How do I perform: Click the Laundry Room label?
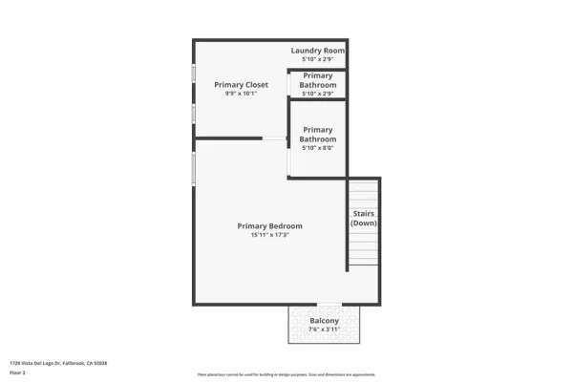(x=317, y=50)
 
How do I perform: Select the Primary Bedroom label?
(x=269, y=225)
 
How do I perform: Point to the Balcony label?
(x=324, y=320)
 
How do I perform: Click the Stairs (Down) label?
(x=363, y=218)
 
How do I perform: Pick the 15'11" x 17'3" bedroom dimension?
(x=269, y=235)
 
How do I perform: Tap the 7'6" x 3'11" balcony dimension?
(x=324, y=329)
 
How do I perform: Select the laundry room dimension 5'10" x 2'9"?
(x=317, y=59)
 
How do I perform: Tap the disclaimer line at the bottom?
(x=286, y=374)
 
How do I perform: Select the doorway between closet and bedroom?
(x=275, y=139)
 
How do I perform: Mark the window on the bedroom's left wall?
(x=194, y=168)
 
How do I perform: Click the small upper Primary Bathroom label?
(x=317, y=79)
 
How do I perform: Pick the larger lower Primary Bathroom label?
(x=317, y=135)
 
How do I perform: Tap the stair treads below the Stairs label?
(x=363, y=250)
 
